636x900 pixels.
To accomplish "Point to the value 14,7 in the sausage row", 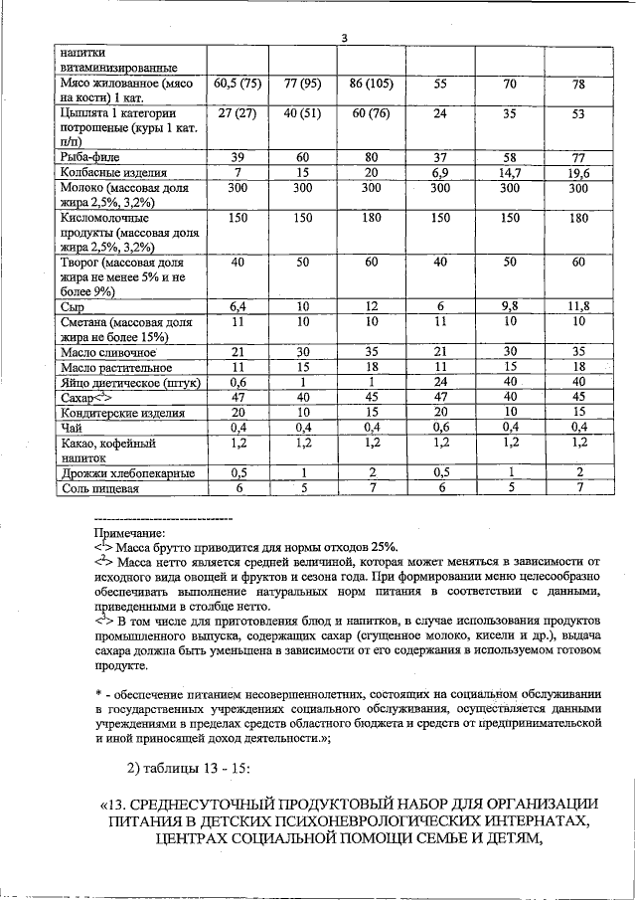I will [x=509, y=173].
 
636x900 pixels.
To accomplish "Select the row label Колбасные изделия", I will [x=108, y=173].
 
